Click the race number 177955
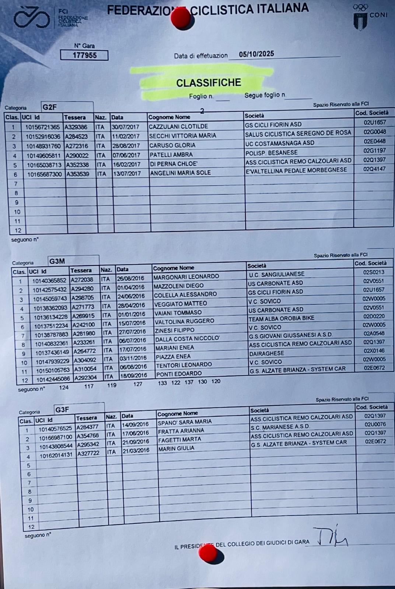point(84,55)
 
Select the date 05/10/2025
point(256,54)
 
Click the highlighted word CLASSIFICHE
point(209,83)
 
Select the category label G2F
point(50,107)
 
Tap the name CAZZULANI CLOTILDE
point(178,126)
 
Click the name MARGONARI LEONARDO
point(186,276)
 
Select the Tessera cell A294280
point(82,289)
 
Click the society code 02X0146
point(374,351)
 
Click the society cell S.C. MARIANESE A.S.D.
point(280,427)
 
